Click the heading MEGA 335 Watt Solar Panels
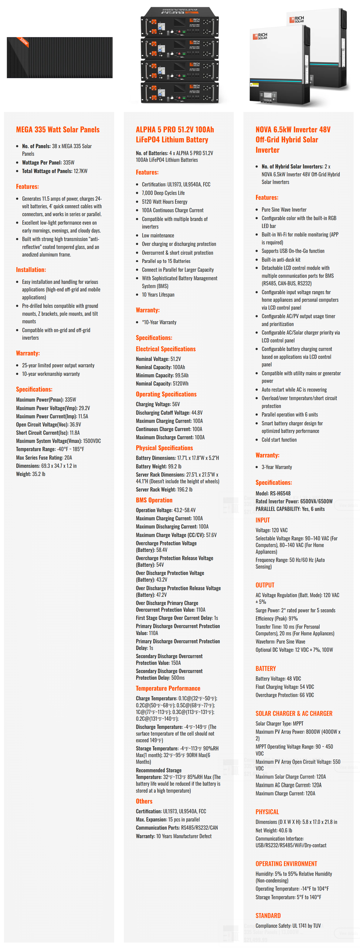[58, 129]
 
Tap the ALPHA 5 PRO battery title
[175, 134]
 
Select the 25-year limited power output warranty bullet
[58, 365]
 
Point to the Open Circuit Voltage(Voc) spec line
[49, 425]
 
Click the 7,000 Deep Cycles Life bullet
[163, 193]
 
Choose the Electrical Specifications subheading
[166, 349]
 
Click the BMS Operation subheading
[154, 500]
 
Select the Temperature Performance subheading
[168, 688]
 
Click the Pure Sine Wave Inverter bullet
[284, 209]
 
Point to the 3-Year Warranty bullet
[277, 467]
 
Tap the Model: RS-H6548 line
[273, 493]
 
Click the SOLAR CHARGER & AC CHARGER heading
[294, 713]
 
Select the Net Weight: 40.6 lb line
[273, 830]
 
